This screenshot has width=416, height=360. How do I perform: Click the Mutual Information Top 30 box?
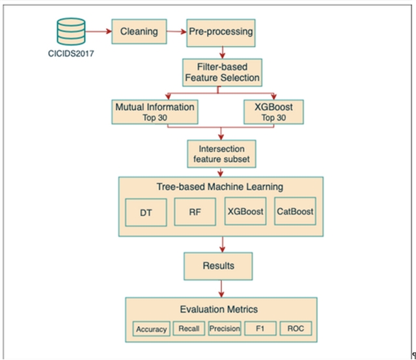(156, 111)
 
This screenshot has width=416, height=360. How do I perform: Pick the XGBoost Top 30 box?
(273, 111)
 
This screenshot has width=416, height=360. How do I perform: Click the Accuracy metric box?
(151, 329)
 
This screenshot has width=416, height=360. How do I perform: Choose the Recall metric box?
(189, 329)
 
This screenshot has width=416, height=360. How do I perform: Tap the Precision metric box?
(225, 329)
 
